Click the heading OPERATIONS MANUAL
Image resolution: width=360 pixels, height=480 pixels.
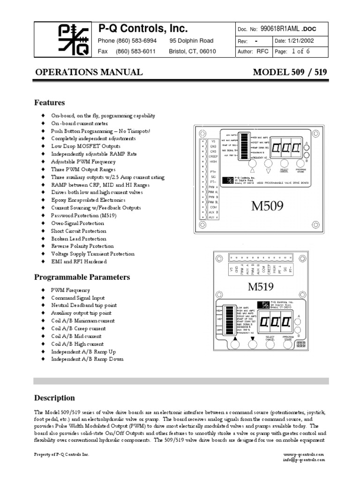89,72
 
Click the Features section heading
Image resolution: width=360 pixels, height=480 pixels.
50,103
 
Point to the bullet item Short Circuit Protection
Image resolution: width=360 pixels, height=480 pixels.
79,231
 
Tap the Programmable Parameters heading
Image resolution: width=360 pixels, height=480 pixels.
82,277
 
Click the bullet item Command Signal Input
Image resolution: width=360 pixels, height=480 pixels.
78,298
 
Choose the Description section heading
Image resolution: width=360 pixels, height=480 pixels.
54,398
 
